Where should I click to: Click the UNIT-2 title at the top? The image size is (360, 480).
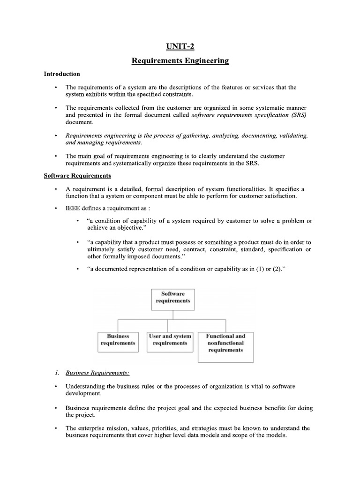click(180, 46)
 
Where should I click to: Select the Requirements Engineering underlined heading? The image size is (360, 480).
click(180, 61)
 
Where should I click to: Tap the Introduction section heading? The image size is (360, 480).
click(62, 74)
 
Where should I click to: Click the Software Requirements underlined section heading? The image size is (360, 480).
click(77, 176)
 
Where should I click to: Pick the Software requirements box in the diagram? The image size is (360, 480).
click(173, 297)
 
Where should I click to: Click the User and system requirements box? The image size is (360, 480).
click(170, 339)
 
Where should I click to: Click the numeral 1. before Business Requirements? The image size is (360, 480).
click(56, 373)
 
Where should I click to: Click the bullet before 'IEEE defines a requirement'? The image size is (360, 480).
click(56, 208)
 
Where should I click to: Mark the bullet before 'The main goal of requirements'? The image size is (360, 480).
click(56, 156)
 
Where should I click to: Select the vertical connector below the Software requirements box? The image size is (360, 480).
click(173, 315)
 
